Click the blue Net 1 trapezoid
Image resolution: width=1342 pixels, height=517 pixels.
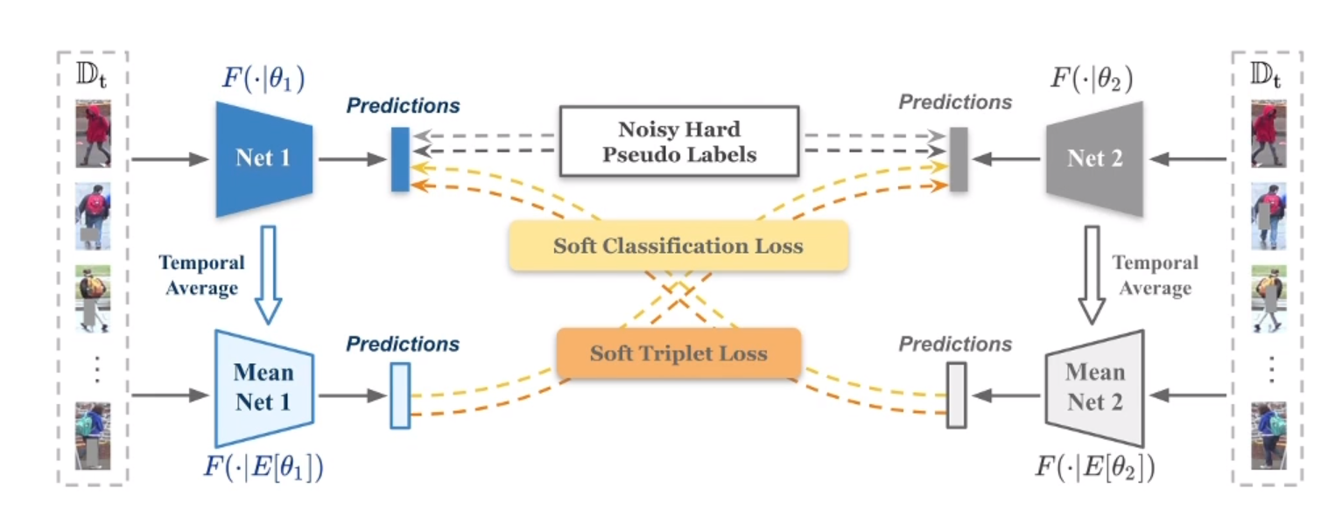263,159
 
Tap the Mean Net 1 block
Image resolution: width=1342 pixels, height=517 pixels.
263,388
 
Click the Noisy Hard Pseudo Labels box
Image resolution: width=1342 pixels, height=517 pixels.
678,141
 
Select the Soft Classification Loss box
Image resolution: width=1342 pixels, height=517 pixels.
678,245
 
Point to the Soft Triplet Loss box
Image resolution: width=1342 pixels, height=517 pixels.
678,354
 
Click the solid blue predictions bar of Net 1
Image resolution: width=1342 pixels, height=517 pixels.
400,159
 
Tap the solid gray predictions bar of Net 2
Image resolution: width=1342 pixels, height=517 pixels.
959,159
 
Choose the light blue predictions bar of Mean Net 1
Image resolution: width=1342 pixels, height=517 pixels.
400,395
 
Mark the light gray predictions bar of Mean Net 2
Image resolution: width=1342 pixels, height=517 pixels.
957,395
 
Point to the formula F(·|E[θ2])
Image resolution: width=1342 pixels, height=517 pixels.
1094,465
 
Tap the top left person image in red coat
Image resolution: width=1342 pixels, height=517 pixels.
93,134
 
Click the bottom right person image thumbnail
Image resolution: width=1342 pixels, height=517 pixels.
1268,435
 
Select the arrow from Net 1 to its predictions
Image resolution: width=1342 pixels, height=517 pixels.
352,159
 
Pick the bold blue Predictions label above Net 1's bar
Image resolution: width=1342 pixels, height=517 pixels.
403,106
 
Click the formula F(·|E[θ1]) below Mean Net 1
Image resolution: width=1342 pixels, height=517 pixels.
263,465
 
